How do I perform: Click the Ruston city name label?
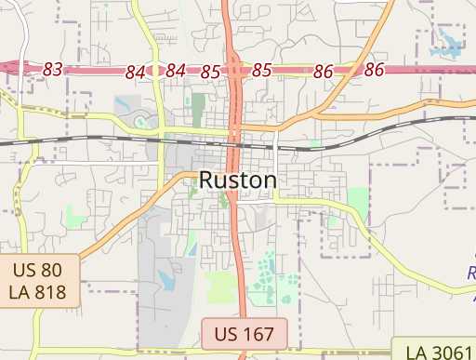237,180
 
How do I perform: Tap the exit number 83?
53,70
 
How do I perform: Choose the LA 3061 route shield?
434,352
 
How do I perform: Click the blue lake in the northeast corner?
449,42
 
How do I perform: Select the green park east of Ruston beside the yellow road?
357,200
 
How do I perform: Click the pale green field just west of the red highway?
221,286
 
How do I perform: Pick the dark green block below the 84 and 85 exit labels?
197,108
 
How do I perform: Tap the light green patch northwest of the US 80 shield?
74,217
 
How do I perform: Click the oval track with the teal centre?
141,121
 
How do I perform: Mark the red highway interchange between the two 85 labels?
236,70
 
